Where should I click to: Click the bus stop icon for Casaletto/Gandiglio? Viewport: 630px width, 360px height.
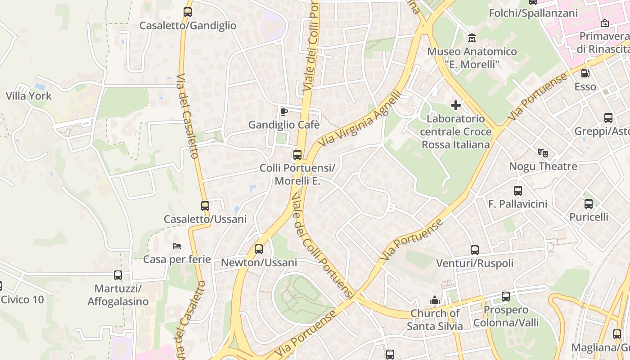pos(188,12)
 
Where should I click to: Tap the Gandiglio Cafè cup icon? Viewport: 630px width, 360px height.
pos(283,112)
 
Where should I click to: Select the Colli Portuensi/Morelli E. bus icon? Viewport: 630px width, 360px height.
pos(297,155)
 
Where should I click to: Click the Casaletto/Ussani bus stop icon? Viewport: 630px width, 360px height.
pos(205,206)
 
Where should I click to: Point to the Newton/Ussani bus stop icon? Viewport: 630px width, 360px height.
pos(259,249)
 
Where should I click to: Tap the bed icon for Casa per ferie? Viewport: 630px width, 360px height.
pos(177,246)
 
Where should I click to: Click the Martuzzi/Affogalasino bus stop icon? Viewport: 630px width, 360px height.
pos(118,275)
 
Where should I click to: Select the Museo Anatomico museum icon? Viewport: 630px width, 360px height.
pos(472,38)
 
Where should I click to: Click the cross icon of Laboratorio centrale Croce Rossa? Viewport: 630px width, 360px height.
pos(456,105)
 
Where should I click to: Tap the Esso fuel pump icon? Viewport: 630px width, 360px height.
pos(585,73)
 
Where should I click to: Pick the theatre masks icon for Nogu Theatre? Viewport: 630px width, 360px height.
pos(543,153)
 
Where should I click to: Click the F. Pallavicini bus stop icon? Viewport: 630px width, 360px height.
pos(518,191)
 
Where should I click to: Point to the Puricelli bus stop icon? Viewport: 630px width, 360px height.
pos(589,204)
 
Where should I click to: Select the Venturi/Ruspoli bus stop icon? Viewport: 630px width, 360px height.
pos(475,250)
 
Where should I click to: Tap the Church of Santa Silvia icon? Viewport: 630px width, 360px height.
pos(435,300)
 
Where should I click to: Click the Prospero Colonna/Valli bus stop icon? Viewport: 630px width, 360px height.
pos(506,297)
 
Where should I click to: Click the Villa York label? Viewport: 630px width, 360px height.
pos(28,96)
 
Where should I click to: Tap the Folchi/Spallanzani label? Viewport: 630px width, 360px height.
pos(533,13)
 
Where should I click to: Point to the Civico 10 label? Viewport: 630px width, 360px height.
pos(22,299)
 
